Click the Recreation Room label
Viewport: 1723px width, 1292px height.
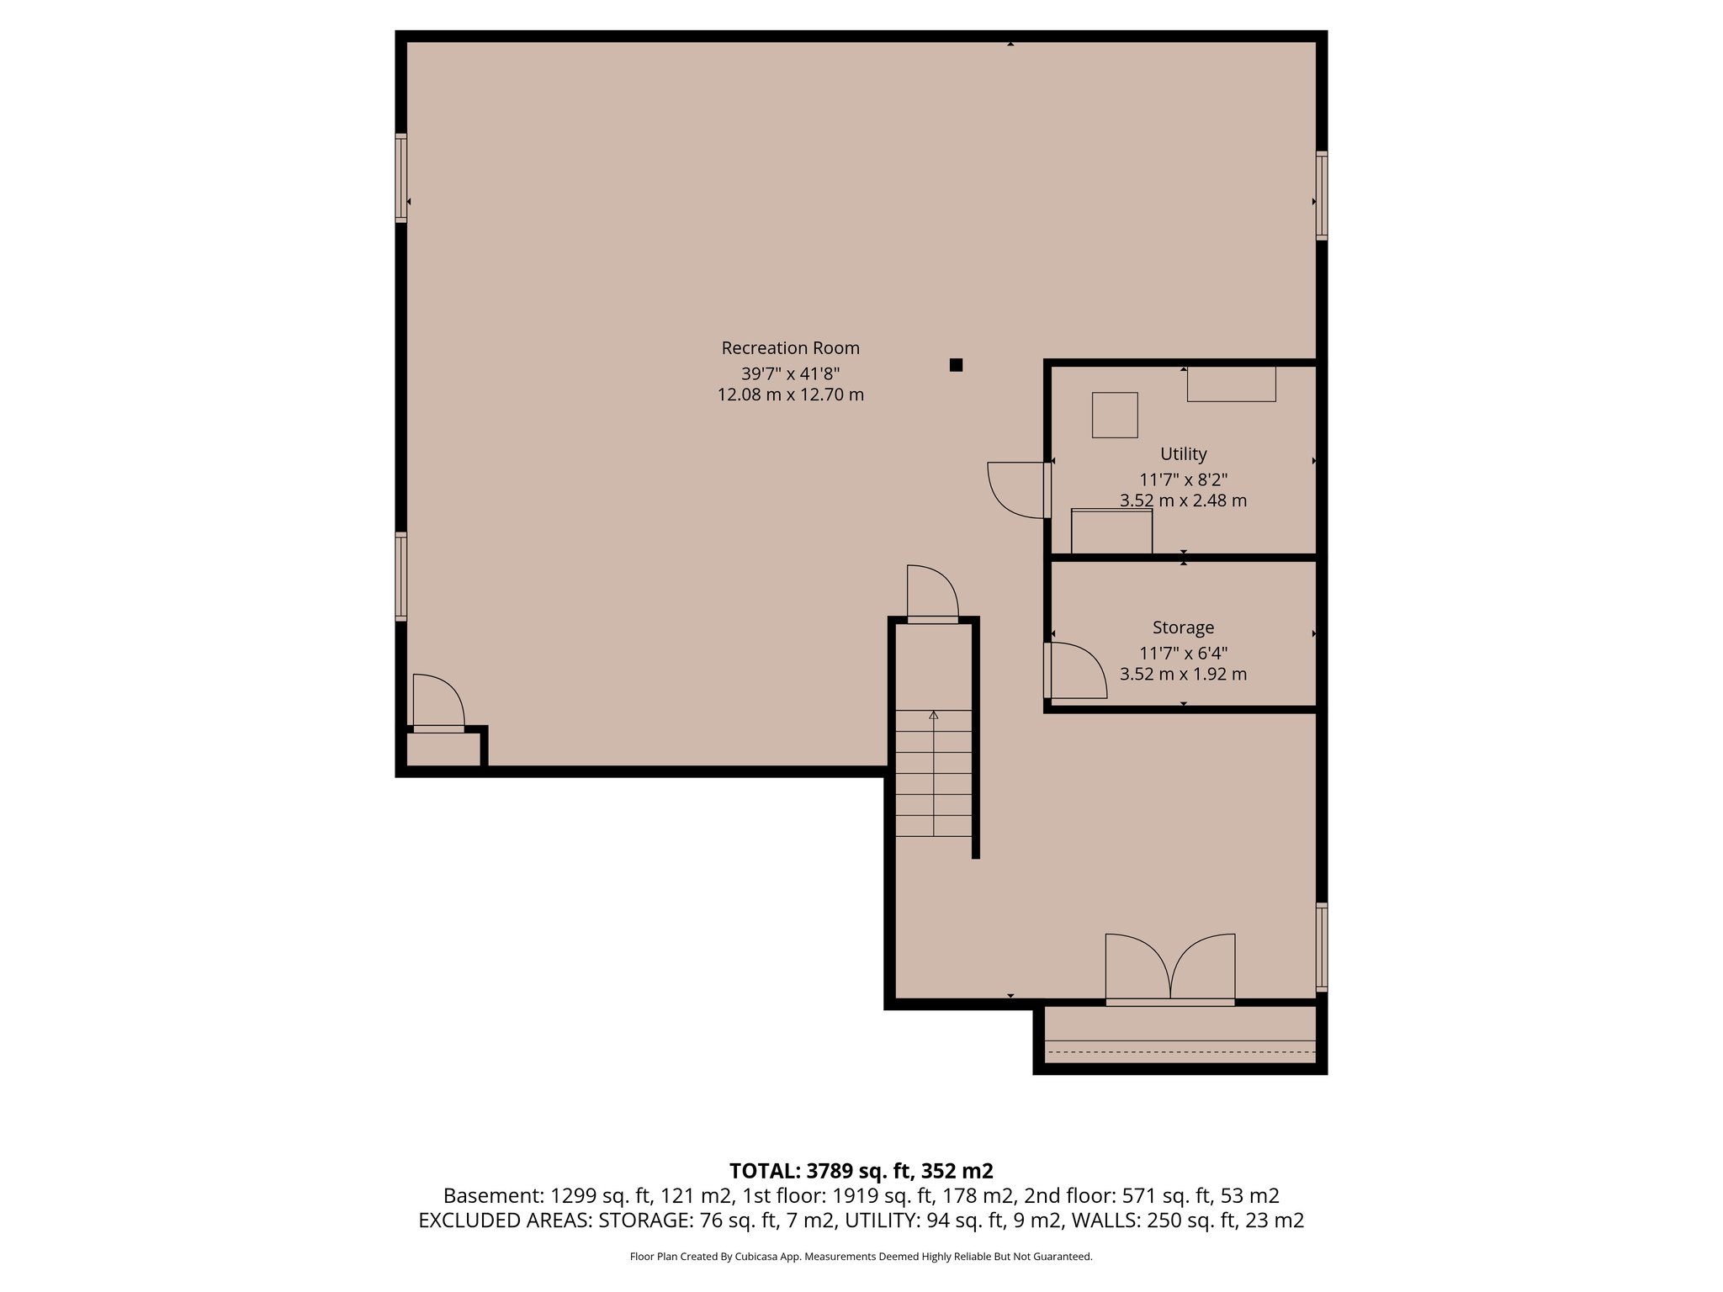[x=790, y=348]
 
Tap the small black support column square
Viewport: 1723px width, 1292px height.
[x=956, y=365]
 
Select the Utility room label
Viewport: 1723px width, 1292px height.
[x=1183, y=454]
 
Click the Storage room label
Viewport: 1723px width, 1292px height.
[x=1183, y=627]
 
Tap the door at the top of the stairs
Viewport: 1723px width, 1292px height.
[x=932, y=595]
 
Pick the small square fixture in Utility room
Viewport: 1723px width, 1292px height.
[x=1115, y=416]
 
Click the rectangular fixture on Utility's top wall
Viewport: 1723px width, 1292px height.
[x=1231, y=384]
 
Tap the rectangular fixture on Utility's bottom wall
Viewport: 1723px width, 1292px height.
[x=1111, y=531]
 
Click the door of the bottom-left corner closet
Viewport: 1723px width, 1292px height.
[x=438, y=702]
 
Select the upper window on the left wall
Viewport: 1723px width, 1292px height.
[x=401, y=177]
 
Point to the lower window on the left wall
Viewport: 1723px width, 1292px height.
[x=401, y=576]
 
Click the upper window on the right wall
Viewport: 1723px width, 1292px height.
[x=1322, y=195]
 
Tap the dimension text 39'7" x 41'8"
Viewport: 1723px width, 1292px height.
[x=790, y=373]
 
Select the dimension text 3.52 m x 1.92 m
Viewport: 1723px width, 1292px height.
[x=1183, y=674]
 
